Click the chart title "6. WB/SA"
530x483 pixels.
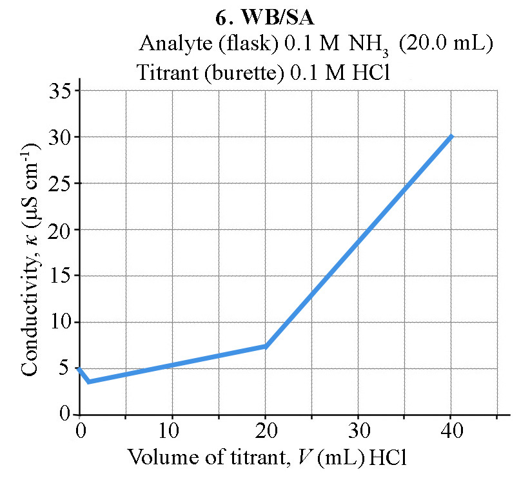pos(264,18)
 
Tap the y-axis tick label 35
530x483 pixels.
pos(62,90)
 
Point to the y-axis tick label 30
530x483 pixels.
pos(62,137)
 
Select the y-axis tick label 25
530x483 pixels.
pos(62,183)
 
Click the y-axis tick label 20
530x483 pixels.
pos(62,229)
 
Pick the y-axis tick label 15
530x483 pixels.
pos(62,276)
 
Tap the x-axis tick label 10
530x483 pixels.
pos(172,430)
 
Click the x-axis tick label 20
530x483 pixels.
pos(266,430)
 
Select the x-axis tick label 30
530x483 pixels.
pos(358,430)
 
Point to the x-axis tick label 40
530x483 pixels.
pos(451,430)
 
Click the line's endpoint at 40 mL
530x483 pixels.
pos(451,137)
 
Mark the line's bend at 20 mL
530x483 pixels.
pos(266,346)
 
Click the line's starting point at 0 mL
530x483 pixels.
pos(79,368)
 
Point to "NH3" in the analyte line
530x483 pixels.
pos(369,44)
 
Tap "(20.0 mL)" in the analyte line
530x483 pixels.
pos(445,44)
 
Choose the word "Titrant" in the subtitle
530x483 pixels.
pos(164,72)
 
